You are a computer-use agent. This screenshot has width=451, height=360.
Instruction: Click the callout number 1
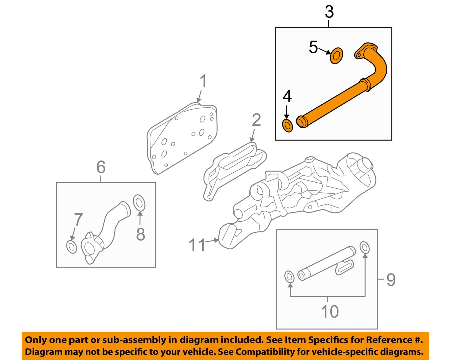[204, 81]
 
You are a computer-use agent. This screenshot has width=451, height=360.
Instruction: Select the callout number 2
[256, 120]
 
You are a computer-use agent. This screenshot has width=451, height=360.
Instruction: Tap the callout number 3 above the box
[329, 12]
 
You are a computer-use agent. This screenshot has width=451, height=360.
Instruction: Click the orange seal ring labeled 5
[336, 56]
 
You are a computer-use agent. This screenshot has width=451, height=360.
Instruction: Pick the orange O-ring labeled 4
[287, 126]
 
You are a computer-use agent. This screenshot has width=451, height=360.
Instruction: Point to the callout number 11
[197, 245]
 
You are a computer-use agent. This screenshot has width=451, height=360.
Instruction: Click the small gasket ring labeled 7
[72, 247]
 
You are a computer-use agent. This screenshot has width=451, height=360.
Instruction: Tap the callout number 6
[101, 167]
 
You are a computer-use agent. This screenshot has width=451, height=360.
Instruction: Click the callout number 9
[391, 280]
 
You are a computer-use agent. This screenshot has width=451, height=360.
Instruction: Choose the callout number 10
[330, 311]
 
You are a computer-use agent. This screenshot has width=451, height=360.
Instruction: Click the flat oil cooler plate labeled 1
[182, 138]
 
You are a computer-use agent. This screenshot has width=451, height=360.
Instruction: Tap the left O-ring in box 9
[289, 277]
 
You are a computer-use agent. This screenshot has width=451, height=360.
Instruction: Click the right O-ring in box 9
[364, 248]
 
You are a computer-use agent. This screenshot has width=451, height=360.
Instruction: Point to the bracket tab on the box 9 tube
[345, 268]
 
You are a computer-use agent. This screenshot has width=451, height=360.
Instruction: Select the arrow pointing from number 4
[287, 112]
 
